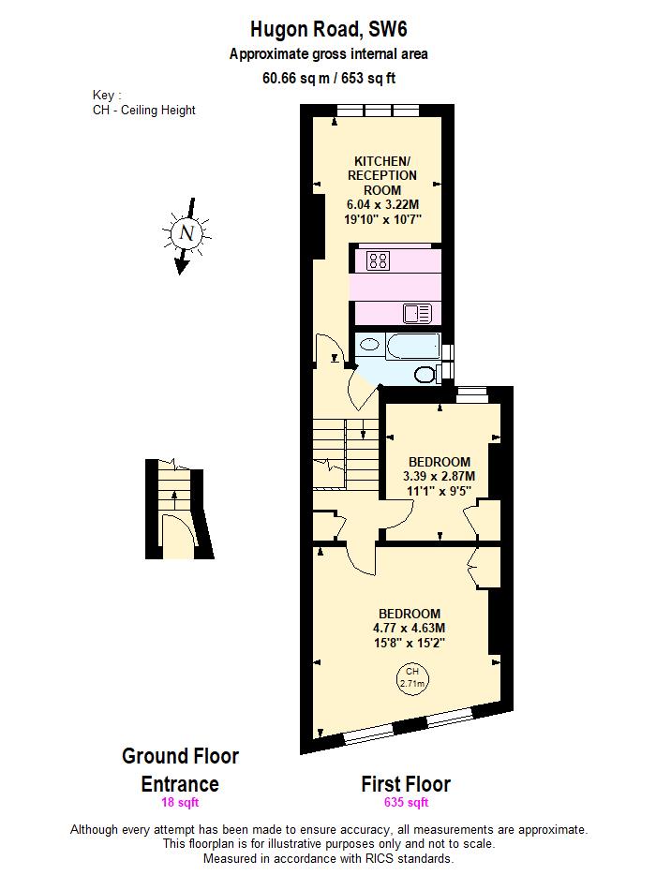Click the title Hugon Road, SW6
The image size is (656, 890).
tap(328, 30)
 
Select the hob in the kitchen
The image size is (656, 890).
tap(379, 260)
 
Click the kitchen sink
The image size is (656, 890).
tap(417, 313)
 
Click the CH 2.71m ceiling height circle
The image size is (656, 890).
tap(411, 676)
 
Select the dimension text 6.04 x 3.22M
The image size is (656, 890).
tap(383, 204)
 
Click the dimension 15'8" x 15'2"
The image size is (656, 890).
tap(409, 643)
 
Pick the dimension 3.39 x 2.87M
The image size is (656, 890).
tap(439, 475)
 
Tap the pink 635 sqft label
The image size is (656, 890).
tap(406, 803)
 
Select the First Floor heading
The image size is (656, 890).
tap(406, 784)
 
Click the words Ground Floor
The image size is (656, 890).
tap(180, 755)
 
